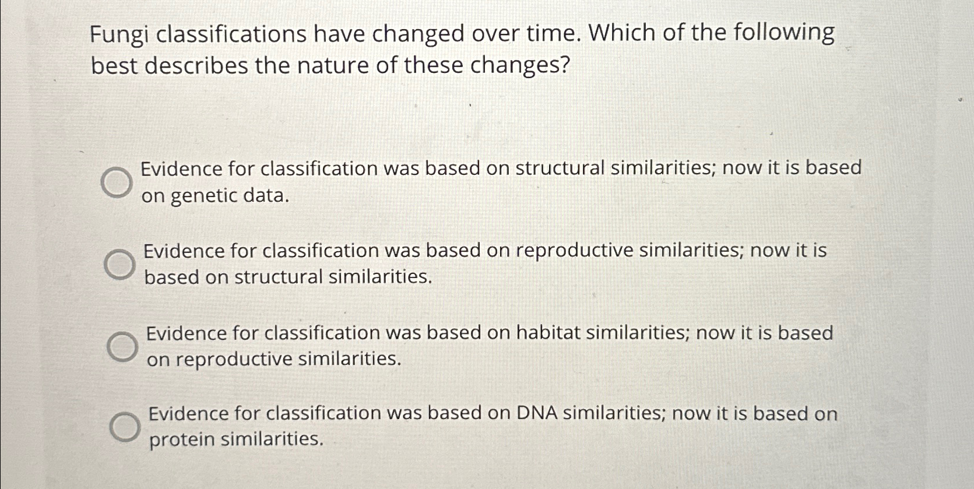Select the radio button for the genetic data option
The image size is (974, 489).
[117, 182]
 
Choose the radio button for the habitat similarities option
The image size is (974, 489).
[122, 347]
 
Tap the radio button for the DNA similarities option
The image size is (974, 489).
[125, 427]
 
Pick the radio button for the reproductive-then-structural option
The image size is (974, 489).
[119, 265]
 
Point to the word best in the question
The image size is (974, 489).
[114, 65]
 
